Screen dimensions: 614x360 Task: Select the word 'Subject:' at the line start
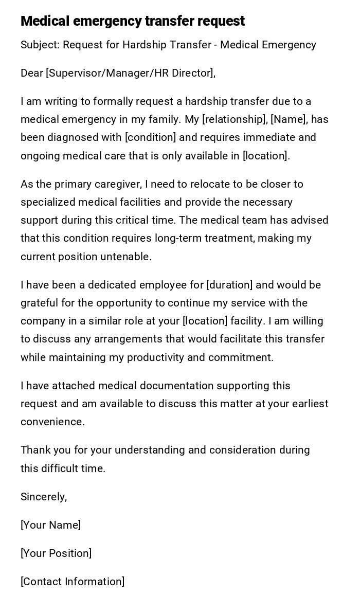point(40,45)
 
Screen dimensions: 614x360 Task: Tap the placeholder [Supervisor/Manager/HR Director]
point(130,73)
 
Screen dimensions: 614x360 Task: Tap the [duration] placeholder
point(229,285)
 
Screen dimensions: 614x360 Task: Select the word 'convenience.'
point(52,422)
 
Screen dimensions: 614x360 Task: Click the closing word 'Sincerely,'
point(44,497)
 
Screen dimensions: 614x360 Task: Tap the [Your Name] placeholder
point(50,525)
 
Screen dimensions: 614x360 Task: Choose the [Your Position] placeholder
point(56,553)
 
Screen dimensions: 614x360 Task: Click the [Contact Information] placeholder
point(73,582)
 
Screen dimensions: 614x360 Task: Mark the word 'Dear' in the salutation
point(32,73)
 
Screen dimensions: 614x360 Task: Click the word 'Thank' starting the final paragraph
point(35,450)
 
